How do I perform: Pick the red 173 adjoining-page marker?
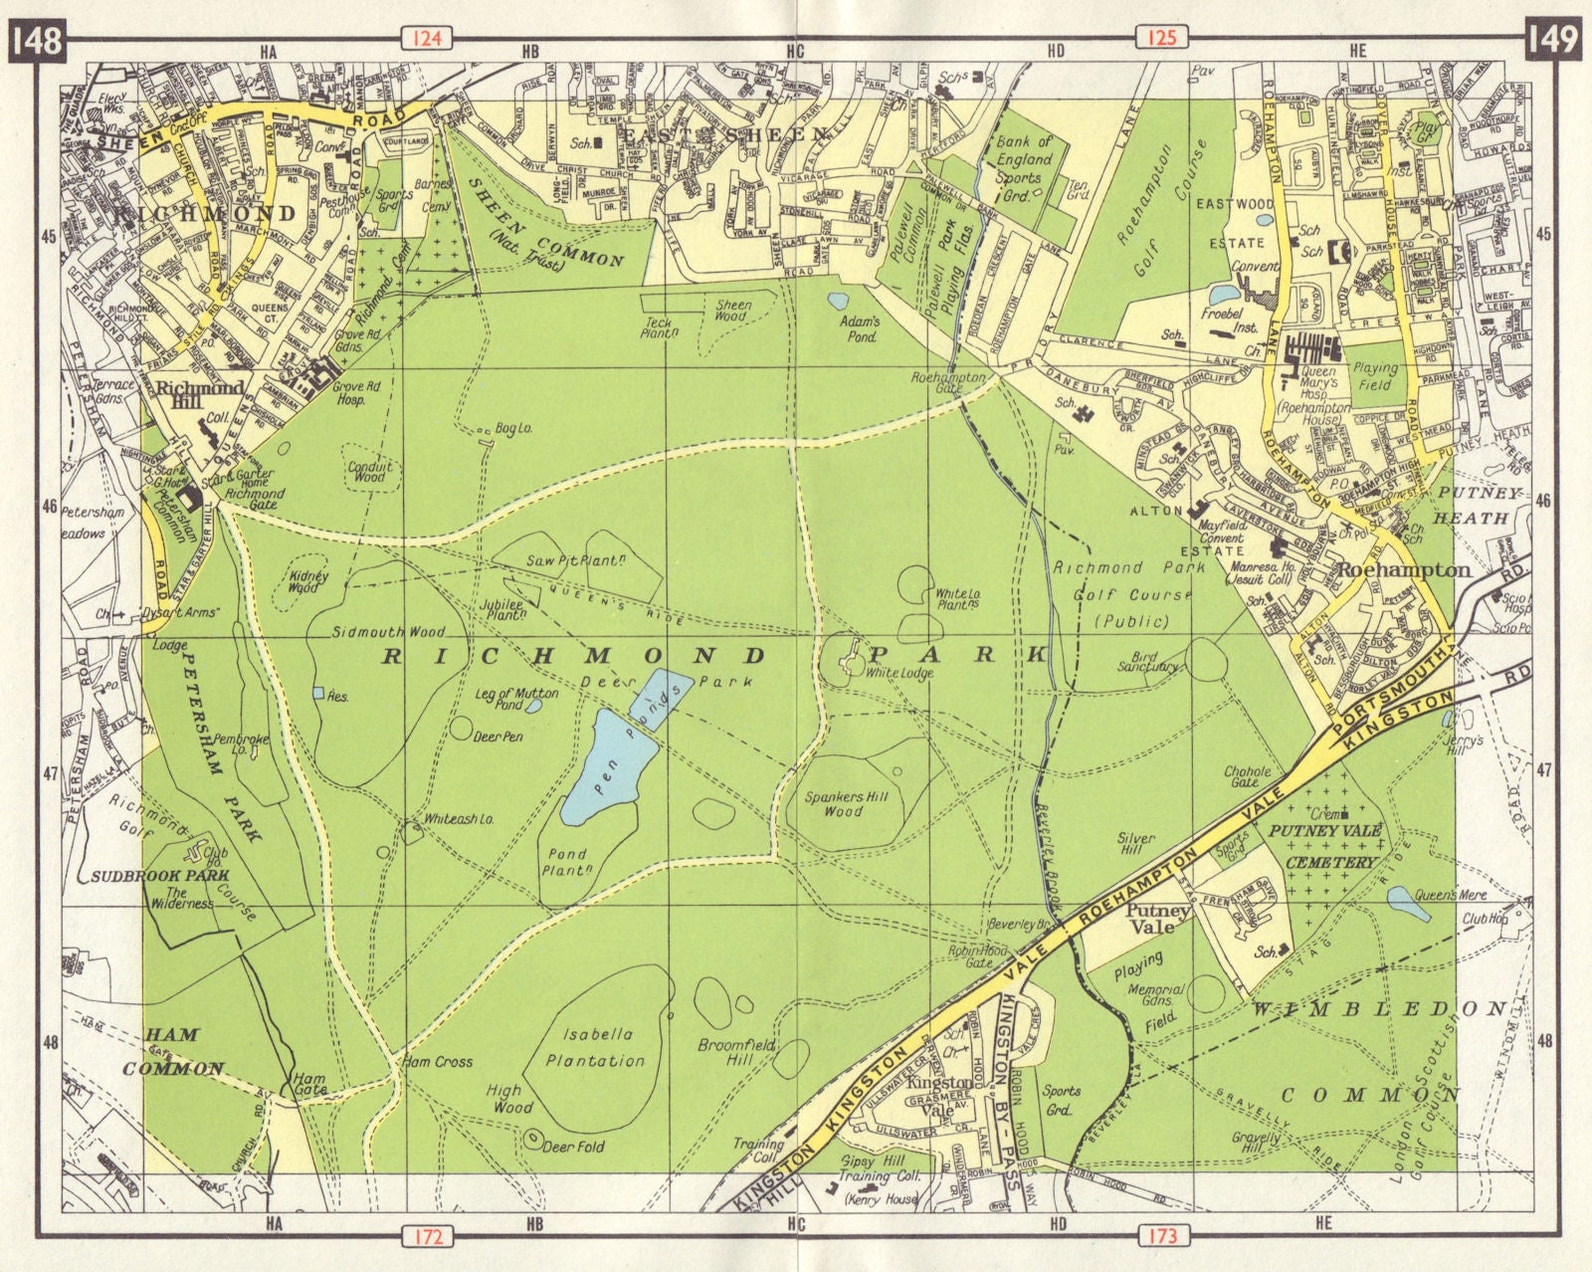coord(1161,1236)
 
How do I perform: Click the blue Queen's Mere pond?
coord(1408,904)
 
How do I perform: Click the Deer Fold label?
coord(574,1147)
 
